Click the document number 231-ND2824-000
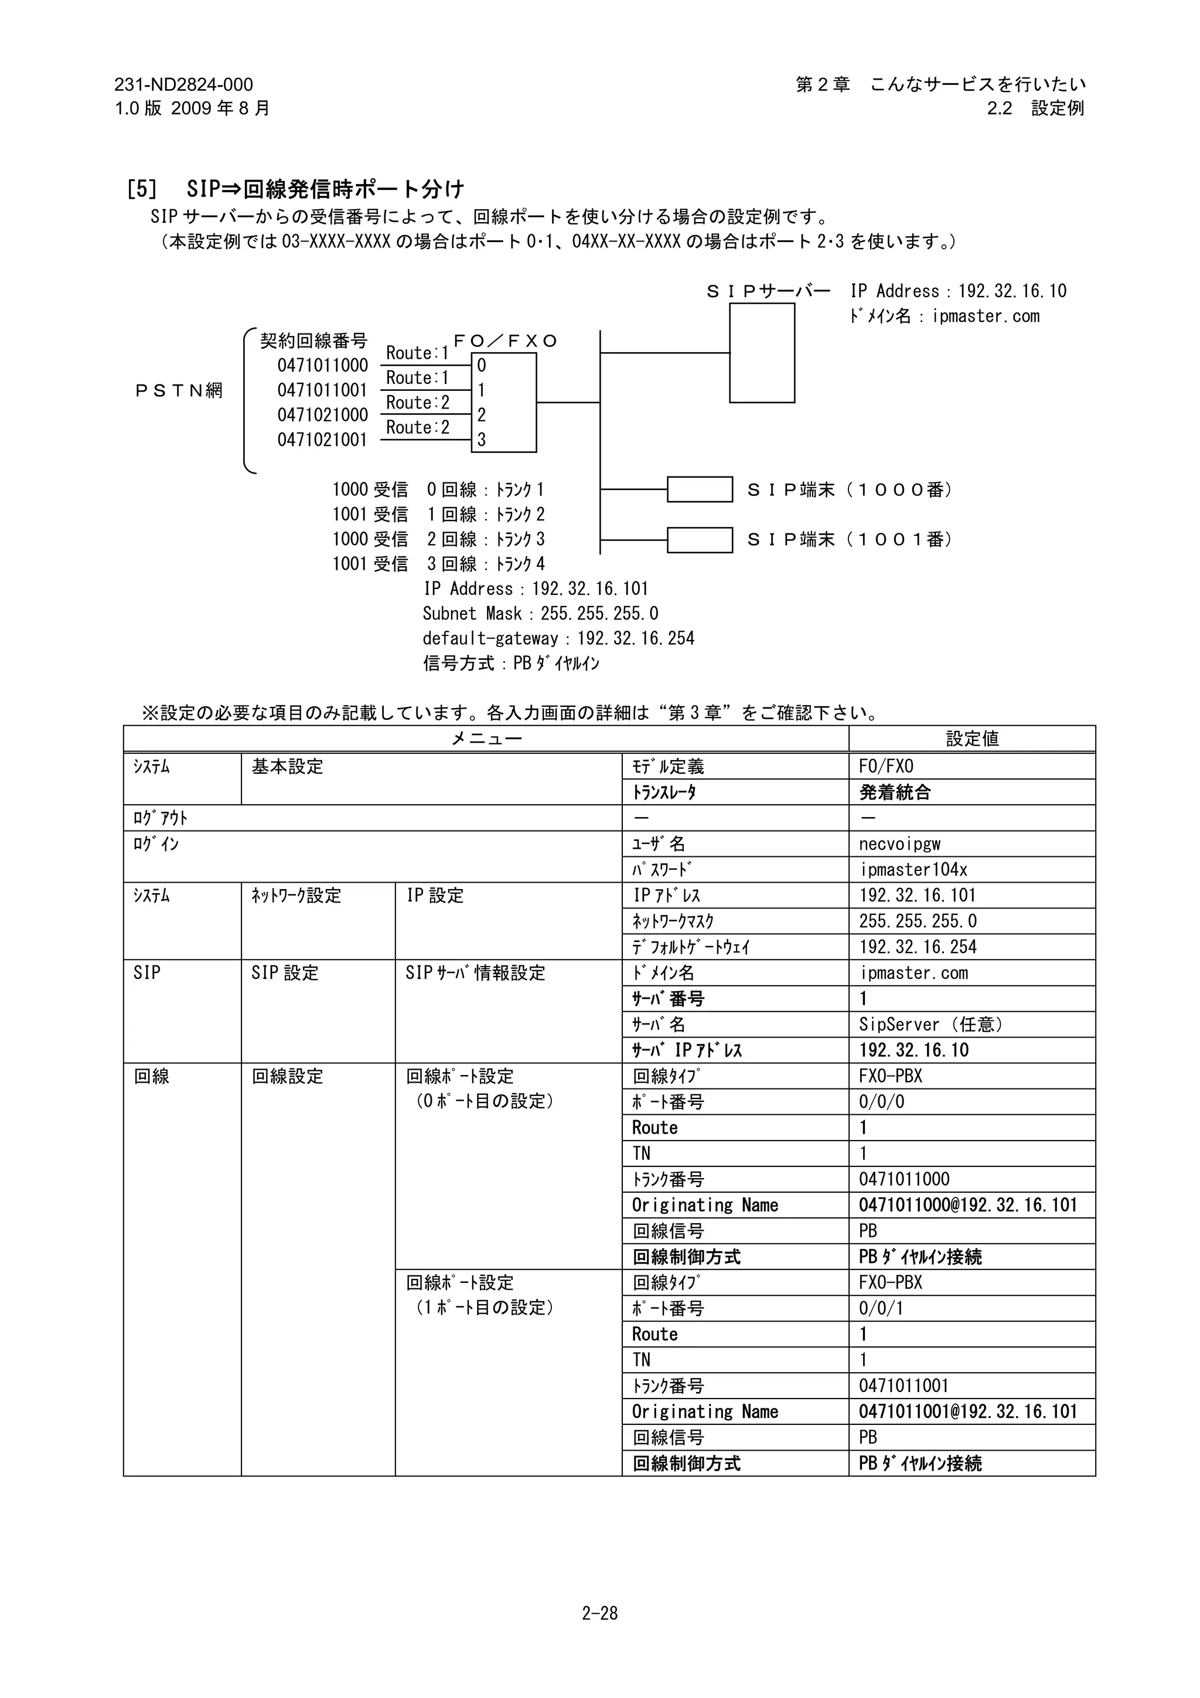pos(183,85)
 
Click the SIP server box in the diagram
pos(762,353)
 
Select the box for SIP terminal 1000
pos(700,489)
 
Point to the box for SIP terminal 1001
pos(700,540)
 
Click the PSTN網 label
pos(178,390)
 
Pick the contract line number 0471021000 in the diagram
pos(322,415)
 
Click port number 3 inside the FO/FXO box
pos(481,440)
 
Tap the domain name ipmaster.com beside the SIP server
pos(986,317)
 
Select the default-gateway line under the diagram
pos(558,638)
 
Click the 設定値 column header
pos(971,738)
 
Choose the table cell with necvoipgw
pos(900,844)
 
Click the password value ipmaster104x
pos(913,870)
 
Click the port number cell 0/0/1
pos(881,1308)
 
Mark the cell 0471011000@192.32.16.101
pos(968,1206)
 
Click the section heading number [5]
pos(142,189)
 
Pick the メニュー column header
pos(486,738)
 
